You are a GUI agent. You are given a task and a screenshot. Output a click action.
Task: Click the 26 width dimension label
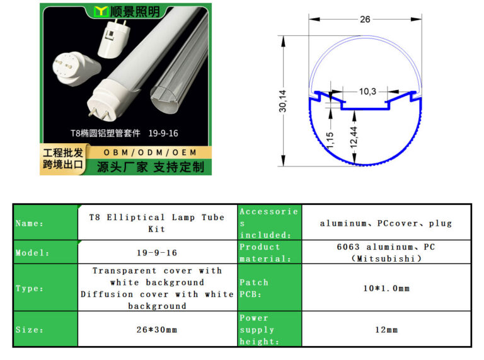365,20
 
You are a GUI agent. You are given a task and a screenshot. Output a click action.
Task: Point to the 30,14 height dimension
282,101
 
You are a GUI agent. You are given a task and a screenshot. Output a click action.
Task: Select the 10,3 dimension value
367,91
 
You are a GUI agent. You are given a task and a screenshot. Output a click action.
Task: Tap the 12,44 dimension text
354,137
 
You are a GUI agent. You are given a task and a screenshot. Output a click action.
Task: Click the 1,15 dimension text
330,140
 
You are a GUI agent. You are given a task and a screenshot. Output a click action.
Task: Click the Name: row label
30,223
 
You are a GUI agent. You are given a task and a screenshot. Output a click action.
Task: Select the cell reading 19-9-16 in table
157,253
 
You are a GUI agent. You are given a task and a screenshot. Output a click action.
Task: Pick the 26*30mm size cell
157,330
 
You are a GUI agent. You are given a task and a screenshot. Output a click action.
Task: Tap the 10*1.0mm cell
386,288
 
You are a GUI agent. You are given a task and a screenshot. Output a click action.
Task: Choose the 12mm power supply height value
386,330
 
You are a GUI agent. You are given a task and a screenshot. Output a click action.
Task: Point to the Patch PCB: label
254,288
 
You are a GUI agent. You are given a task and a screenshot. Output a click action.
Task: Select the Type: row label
30,288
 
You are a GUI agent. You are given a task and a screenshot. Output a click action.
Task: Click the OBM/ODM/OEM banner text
150,153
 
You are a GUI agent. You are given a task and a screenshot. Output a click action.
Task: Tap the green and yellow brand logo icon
101,12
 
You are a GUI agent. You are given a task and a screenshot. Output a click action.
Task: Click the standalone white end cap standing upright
113,38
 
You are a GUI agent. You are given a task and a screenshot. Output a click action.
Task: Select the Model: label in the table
32,253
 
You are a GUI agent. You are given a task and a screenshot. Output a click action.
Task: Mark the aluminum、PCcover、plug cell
386,223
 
